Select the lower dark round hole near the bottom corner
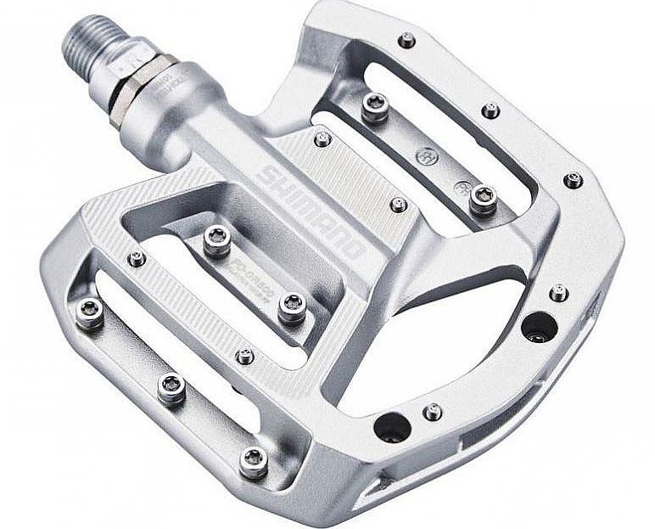391,426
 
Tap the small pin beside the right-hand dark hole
558,293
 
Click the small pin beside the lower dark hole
433,412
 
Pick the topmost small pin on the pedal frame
407,39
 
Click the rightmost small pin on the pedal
574,180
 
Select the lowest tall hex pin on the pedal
253,462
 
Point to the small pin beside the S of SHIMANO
322,138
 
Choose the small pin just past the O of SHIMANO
398,205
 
